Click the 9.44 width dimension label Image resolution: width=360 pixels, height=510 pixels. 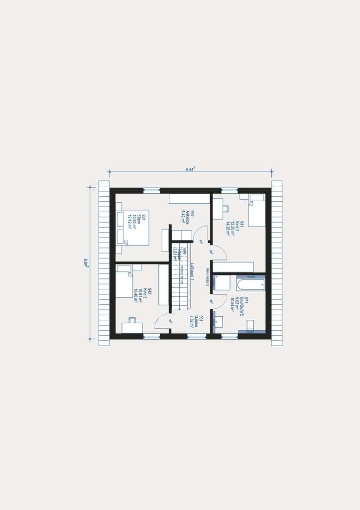pos(190,169)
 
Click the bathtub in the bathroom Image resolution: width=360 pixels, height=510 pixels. pos(251,285)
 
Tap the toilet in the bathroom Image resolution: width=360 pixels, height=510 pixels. pos(250,325)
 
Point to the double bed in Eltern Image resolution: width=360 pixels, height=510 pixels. pos(132,228)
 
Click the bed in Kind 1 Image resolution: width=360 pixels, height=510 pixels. pos(257,211)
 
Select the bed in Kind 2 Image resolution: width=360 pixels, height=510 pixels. pos(124,281)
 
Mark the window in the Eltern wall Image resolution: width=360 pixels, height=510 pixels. pos(152,190)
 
